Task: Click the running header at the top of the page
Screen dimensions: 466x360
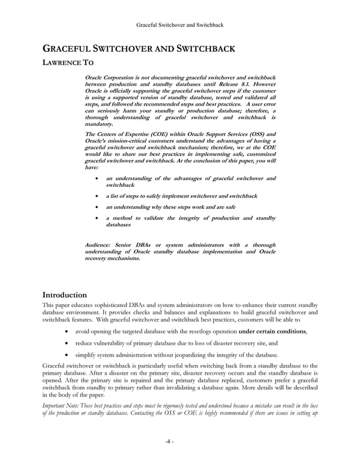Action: (x=180, y=25)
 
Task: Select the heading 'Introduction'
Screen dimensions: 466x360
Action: (x=65, y=294)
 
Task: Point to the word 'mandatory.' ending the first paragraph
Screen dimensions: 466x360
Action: (x=98, y=123)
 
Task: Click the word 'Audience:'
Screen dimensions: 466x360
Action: (x=97, y=245)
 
